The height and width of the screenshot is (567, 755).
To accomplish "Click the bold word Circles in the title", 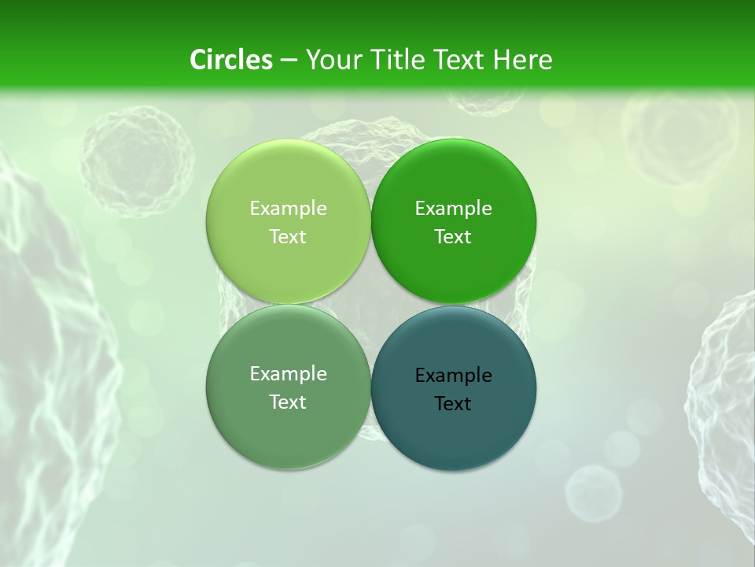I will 231,60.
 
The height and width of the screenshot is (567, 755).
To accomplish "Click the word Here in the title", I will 522,60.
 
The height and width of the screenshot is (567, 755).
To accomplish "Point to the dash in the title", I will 289,61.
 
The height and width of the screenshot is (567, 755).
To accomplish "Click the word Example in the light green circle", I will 288,208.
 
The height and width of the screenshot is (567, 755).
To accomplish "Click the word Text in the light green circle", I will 288,236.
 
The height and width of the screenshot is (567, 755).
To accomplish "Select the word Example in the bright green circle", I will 454,208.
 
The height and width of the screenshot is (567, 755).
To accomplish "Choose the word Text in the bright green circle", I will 454,236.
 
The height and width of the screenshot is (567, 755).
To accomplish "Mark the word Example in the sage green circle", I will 288,373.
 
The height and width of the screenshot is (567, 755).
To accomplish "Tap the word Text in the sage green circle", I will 288,402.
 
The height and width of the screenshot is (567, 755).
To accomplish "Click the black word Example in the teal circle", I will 454,375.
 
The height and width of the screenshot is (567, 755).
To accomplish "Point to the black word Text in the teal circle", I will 454,403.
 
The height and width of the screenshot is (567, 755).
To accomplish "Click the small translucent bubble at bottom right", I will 594,492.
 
